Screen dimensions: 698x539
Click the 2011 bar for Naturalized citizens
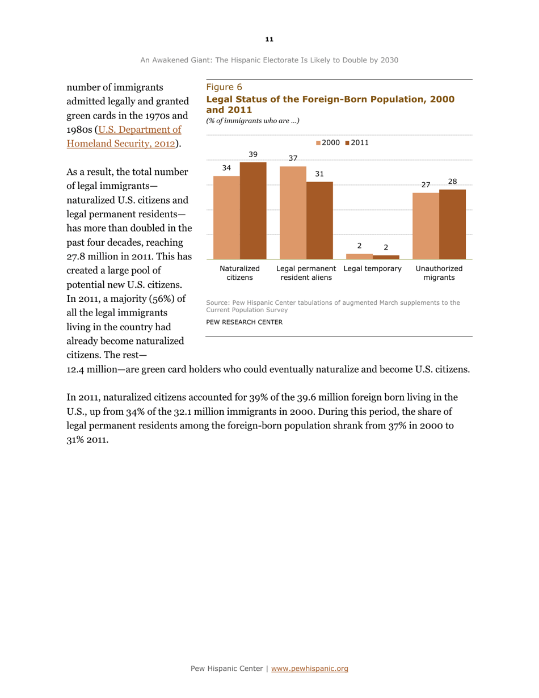point(252,211)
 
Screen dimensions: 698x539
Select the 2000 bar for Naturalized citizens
point(226,217)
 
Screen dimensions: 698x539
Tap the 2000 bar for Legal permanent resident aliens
point(293,213)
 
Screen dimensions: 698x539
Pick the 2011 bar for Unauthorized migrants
point(452,224)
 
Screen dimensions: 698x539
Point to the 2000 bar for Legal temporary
point(359,256)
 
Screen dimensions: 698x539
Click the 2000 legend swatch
point(319,142)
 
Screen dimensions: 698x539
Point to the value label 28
point(453,181)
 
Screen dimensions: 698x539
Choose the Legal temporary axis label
point(372,268)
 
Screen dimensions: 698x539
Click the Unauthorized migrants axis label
point(439,273)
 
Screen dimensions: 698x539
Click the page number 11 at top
point(269,39)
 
